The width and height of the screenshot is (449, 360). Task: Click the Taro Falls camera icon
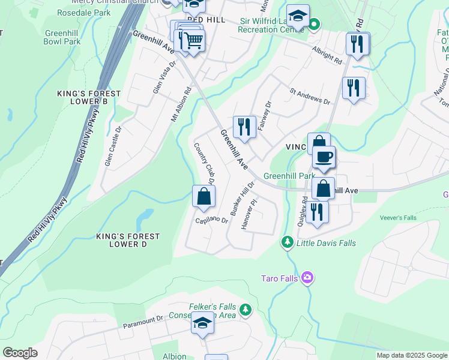(308, 277)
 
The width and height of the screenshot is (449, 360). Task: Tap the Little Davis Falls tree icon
(288, 242)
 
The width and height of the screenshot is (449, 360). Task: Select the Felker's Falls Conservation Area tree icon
(245, 310)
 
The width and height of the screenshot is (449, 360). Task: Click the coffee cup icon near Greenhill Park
(324, 158)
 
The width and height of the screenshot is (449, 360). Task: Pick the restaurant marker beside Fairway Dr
(244, 127)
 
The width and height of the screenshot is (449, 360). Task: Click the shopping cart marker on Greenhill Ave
(193, 41)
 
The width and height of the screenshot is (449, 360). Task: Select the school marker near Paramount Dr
(203, 323)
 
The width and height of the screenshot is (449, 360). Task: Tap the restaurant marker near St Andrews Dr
(354, 88)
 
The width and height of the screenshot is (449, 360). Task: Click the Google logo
(20, 353)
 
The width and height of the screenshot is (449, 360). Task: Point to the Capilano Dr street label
(211, 220)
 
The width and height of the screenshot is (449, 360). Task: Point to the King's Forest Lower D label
(128, 240)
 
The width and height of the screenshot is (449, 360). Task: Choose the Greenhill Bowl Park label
(62, 38)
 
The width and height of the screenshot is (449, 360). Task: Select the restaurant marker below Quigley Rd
(316, 212)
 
